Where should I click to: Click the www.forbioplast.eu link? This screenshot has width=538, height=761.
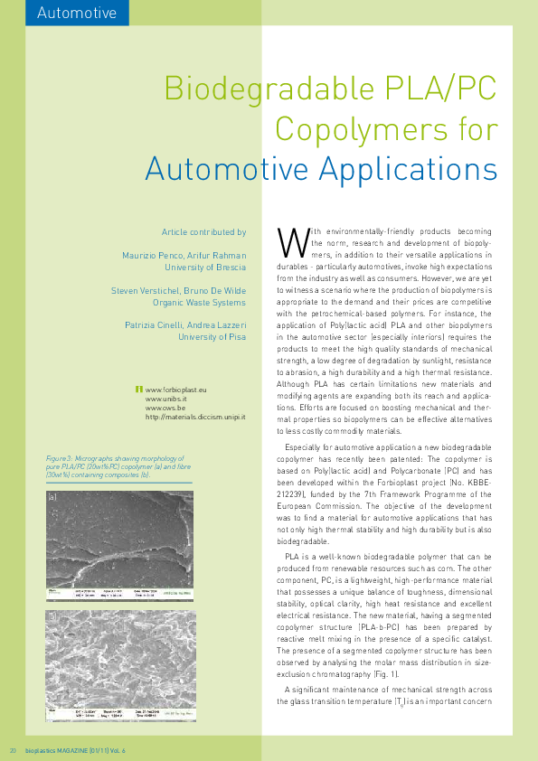point(176,388)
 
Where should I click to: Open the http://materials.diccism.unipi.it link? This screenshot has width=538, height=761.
point(195,418)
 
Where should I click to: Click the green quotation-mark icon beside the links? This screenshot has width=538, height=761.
point(138,389)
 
